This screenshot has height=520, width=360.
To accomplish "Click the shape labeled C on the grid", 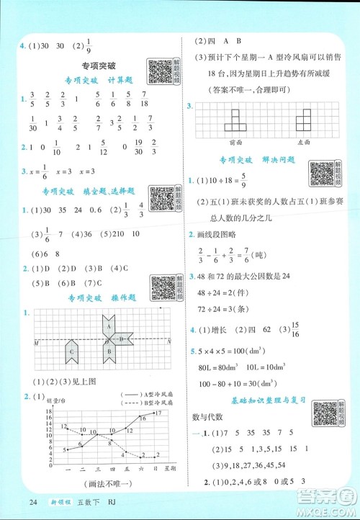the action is [x=73, y=351].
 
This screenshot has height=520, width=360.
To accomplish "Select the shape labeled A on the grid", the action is [x=109, y=326].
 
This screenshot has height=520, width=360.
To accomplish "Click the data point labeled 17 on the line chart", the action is [x=150, y=413].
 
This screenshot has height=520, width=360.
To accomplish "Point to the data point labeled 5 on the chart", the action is [x=66, y=450].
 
